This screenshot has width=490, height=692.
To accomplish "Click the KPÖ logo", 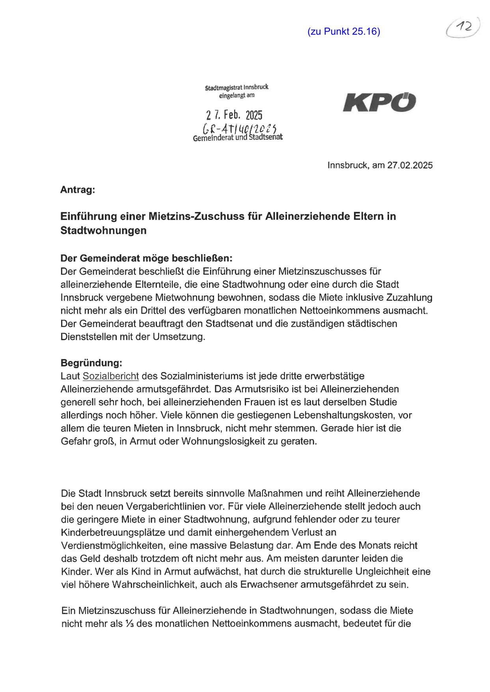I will [379, 102].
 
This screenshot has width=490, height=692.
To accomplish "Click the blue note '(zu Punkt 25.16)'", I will [343, 32].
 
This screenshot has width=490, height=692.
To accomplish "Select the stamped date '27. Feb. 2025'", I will [234, 115].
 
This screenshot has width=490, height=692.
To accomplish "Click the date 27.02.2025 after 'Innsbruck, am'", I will [410, 165].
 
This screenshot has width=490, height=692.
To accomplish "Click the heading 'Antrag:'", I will [77, 190].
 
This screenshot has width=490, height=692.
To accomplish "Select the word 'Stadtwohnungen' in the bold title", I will [103, 230].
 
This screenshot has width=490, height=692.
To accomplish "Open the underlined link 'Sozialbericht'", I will [111, 376].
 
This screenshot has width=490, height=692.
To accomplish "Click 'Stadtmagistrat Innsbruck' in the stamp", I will [237, 87].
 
